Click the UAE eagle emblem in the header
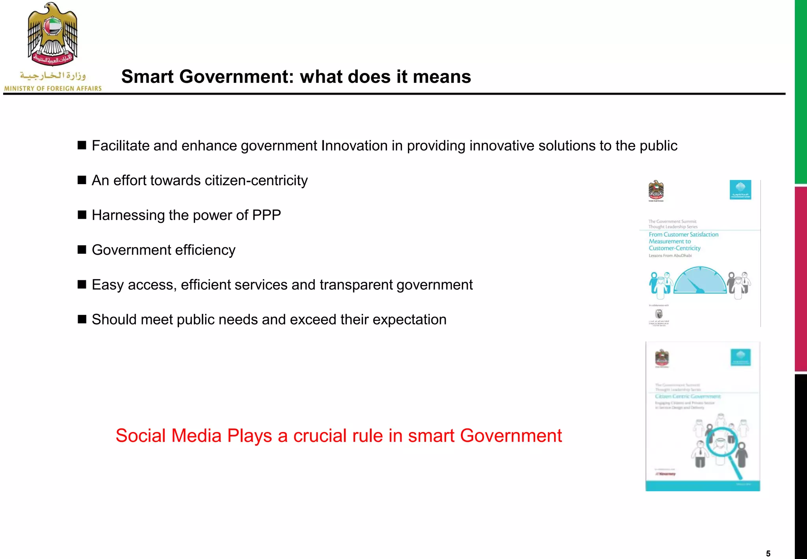click(x=52, y=34)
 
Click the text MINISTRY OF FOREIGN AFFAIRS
click(x=53, y=89)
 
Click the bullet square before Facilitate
click(x=82, y=145)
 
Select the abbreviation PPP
click(x=266, y=215)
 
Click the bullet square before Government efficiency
click(x=82, y=250)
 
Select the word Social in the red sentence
click(x=141, y=436)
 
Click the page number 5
click(x=768, y=553)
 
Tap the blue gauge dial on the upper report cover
click(x=700, y=281)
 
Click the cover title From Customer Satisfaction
click(x=684, y=235)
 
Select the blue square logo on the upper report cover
click(x=740, y=190)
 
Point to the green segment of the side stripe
click(x=801, y=91)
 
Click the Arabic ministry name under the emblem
click(x=53, y=75)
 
